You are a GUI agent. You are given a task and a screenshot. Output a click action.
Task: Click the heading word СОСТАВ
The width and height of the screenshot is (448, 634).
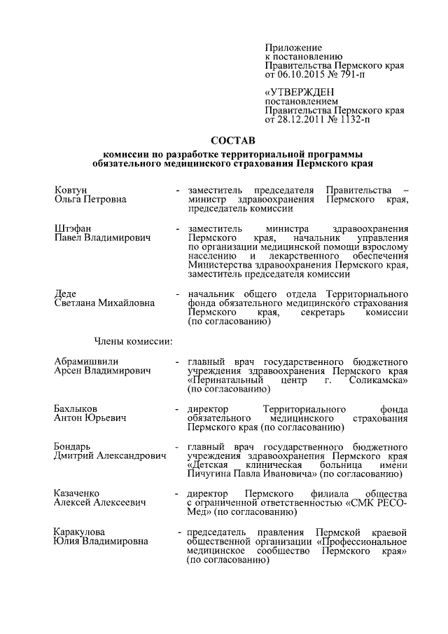233,140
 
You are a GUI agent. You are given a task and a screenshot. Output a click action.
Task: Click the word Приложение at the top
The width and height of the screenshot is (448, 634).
290,46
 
